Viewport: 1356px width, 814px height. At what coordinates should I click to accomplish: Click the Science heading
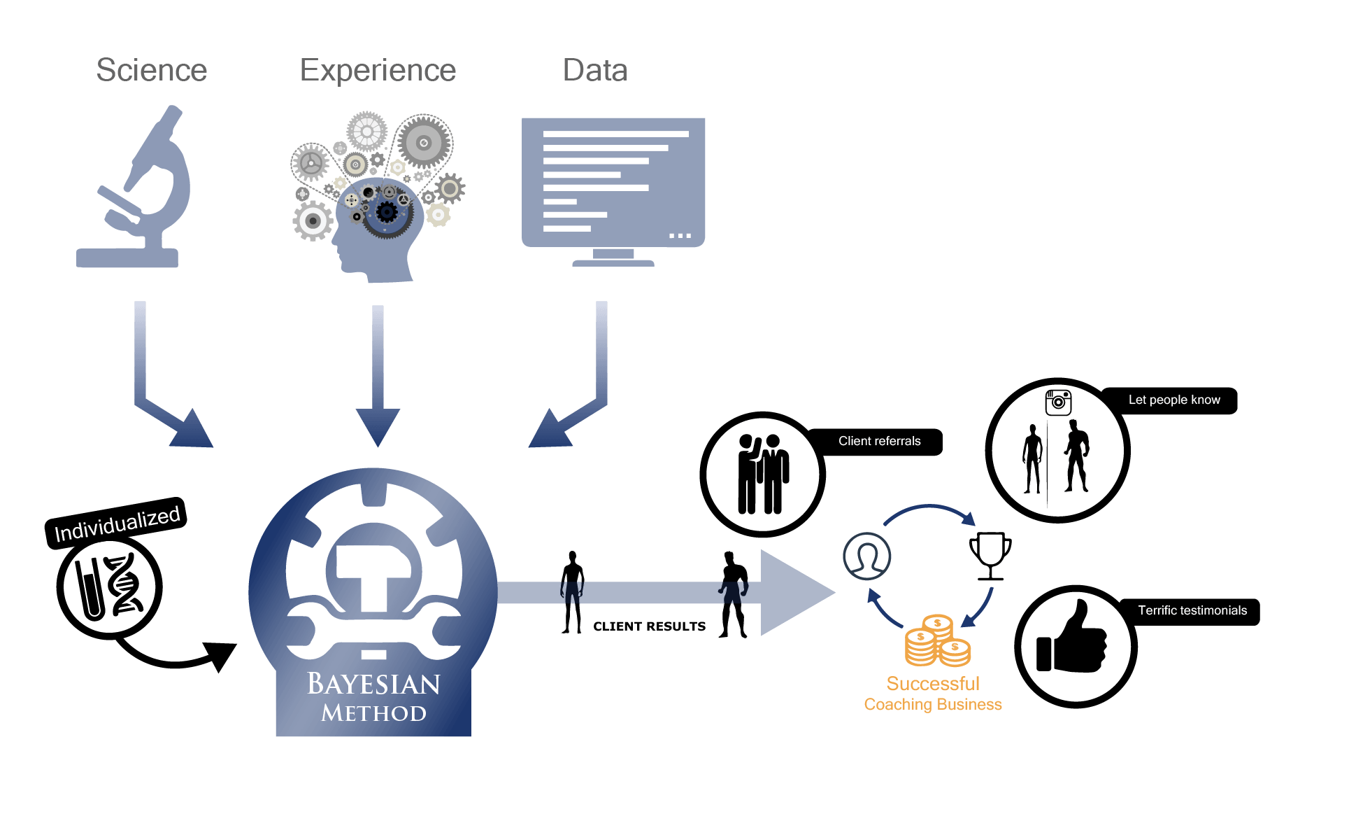point(152,70)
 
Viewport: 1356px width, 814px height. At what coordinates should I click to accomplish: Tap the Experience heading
point(378,71)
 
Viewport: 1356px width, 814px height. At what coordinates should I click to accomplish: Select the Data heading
point(595,70)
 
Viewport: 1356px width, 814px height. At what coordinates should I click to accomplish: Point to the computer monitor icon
point(613,191)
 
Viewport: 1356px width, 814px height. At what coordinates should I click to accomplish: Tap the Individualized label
point(117,522)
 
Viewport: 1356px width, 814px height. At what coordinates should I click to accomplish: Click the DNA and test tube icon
point(110,587)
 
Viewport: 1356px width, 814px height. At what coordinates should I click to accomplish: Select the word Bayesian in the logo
point(373,684)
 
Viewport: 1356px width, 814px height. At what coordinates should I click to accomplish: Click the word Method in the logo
point(373,713)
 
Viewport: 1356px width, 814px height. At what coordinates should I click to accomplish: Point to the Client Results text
point(650,626)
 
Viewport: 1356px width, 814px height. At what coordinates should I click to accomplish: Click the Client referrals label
point(879,441)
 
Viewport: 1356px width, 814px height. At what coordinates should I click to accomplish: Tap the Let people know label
point(1174,400)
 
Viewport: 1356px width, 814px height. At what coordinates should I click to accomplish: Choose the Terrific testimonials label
point(1192,610)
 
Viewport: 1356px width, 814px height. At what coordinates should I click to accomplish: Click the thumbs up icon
point(1071,637)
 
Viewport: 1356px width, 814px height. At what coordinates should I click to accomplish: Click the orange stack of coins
point(937,640)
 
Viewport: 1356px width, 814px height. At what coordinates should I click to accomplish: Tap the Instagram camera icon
point(1058,402)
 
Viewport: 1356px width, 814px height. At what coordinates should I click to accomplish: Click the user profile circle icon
point(866,556)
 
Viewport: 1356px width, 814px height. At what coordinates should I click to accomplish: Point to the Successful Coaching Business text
point(933,694)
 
